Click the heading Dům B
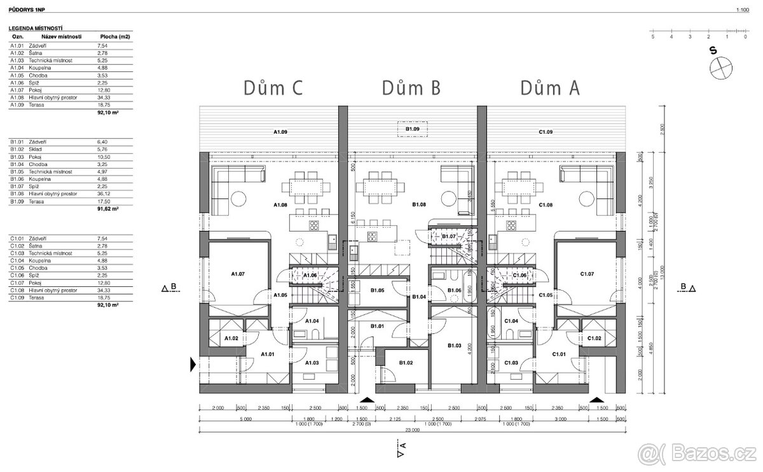click(411, 88)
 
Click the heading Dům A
click(549, 88)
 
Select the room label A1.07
click(238, 274)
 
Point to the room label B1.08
click(418, 205)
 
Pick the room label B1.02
click(406, 363)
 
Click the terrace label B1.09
click(413, 129)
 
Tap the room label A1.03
click(312, 363)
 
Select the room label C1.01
click(560, 354)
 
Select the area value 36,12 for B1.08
click(102, 194)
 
